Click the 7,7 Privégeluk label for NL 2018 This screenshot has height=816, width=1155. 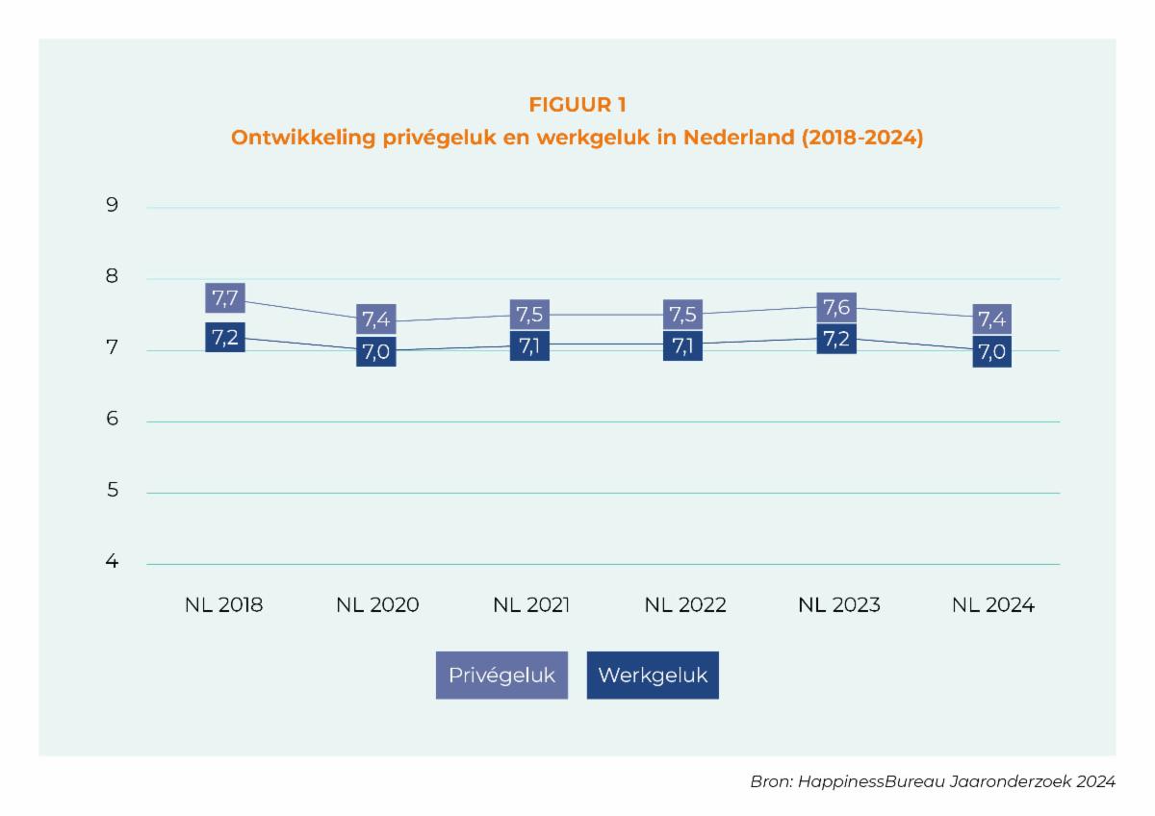(x=224, y=298)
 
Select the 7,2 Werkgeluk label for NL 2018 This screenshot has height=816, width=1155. (x=224, y=337)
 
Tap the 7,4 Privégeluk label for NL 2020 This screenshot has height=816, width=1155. (x=375, y=319)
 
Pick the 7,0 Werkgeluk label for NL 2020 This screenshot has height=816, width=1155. (x=375, y=351)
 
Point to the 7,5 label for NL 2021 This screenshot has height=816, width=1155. (x=528, y=315)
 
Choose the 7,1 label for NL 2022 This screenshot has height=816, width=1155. (x=682, y=345)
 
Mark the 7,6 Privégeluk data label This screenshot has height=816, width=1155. (x=835, y=308)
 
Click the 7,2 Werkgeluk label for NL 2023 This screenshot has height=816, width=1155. (x=835, y=339)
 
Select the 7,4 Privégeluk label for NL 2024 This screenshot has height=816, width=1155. (x=991, y=319)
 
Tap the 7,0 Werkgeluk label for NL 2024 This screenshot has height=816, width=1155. (x=991, y=352)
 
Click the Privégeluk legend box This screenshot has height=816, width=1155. (x=501, y=675)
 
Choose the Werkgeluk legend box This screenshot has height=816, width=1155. (x=653, y=675)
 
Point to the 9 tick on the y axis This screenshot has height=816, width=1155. (x=113, y=205)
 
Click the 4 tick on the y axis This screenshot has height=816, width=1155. (x=113, y=562)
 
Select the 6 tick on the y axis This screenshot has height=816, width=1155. (x=113, y=420)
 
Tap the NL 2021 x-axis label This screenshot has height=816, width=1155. (x=531, y=605)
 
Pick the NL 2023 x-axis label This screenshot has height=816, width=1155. (x=839, y=605)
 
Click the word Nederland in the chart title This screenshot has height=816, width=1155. (x=737, y=138)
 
